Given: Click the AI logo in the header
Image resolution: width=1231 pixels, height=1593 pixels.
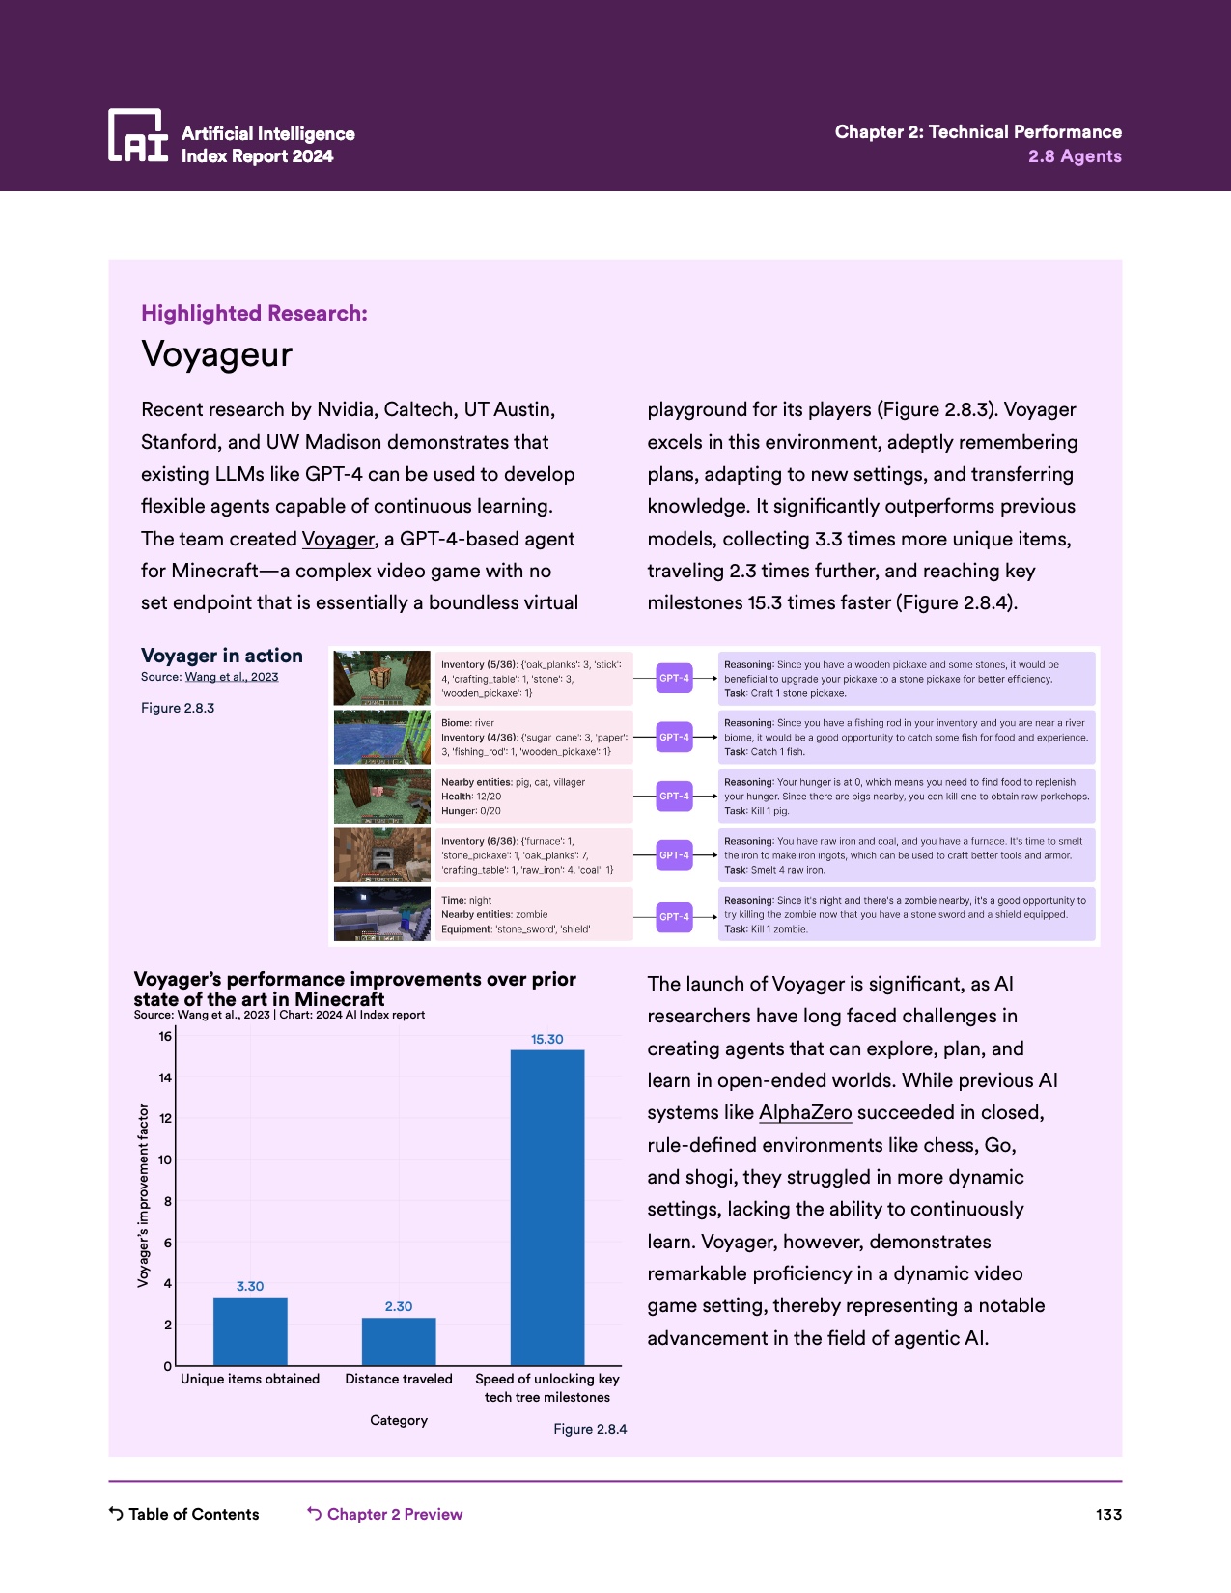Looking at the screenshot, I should point(138,135).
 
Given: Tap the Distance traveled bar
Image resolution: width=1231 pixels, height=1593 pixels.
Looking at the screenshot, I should point(399,1341).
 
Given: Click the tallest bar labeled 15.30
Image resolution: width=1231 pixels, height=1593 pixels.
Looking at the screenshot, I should point(547,1207).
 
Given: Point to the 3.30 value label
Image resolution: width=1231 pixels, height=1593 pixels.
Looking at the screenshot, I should point(250,1286).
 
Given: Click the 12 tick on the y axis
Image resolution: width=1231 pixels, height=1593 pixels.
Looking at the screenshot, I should point(165,1119).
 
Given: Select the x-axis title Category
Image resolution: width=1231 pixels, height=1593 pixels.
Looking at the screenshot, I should point(399,1420).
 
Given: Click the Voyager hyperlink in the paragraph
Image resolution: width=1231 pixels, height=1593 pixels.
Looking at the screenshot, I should point(338,539).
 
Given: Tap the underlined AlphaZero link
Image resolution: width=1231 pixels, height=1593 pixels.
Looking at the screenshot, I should point(805,1112).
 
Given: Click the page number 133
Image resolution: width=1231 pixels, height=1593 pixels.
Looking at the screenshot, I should point(1108,1514).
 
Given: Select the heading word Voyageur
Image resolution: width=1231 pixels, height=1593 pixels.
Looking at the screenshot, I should point(217,354).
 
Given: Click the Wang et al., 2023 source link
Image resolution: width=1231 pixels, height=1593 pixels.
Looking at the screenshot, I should point(232,677).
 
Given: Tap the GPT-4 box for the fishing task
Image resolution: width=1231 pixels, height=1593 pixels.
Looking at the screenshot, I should point(674,737).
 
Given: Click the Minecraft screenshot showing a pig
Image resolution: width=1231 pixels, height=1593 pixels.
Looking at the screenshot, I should point(381,796).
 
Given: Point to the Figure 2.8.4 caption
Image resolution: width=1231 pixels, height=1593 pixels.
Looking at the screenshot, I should point(590,1429).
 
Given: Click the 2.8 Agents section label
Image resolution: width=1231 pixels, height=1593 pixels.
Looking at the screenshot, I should point(1075,156).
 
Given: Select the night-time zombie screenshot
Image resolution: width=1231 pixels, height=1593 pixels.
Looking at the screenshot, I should point(381,914).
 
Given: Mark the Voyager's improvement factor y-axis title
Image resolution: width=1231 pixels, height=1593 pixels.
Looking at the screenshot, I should point(144,1195).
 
